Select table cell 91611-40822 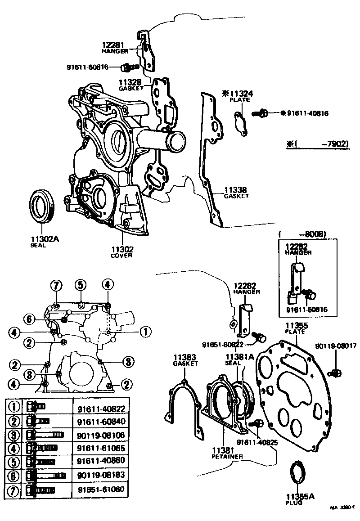tap(100, 409)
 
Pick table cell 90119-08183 tap(100, 475)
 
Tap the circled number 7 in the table tap(14, 489)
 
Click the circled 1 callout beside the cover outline tap(146, 332)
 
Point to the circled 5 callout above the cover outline tap(80, 284)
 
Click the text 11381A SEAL tap(234, 359)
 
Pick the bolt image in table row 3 tap(45, 435)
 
